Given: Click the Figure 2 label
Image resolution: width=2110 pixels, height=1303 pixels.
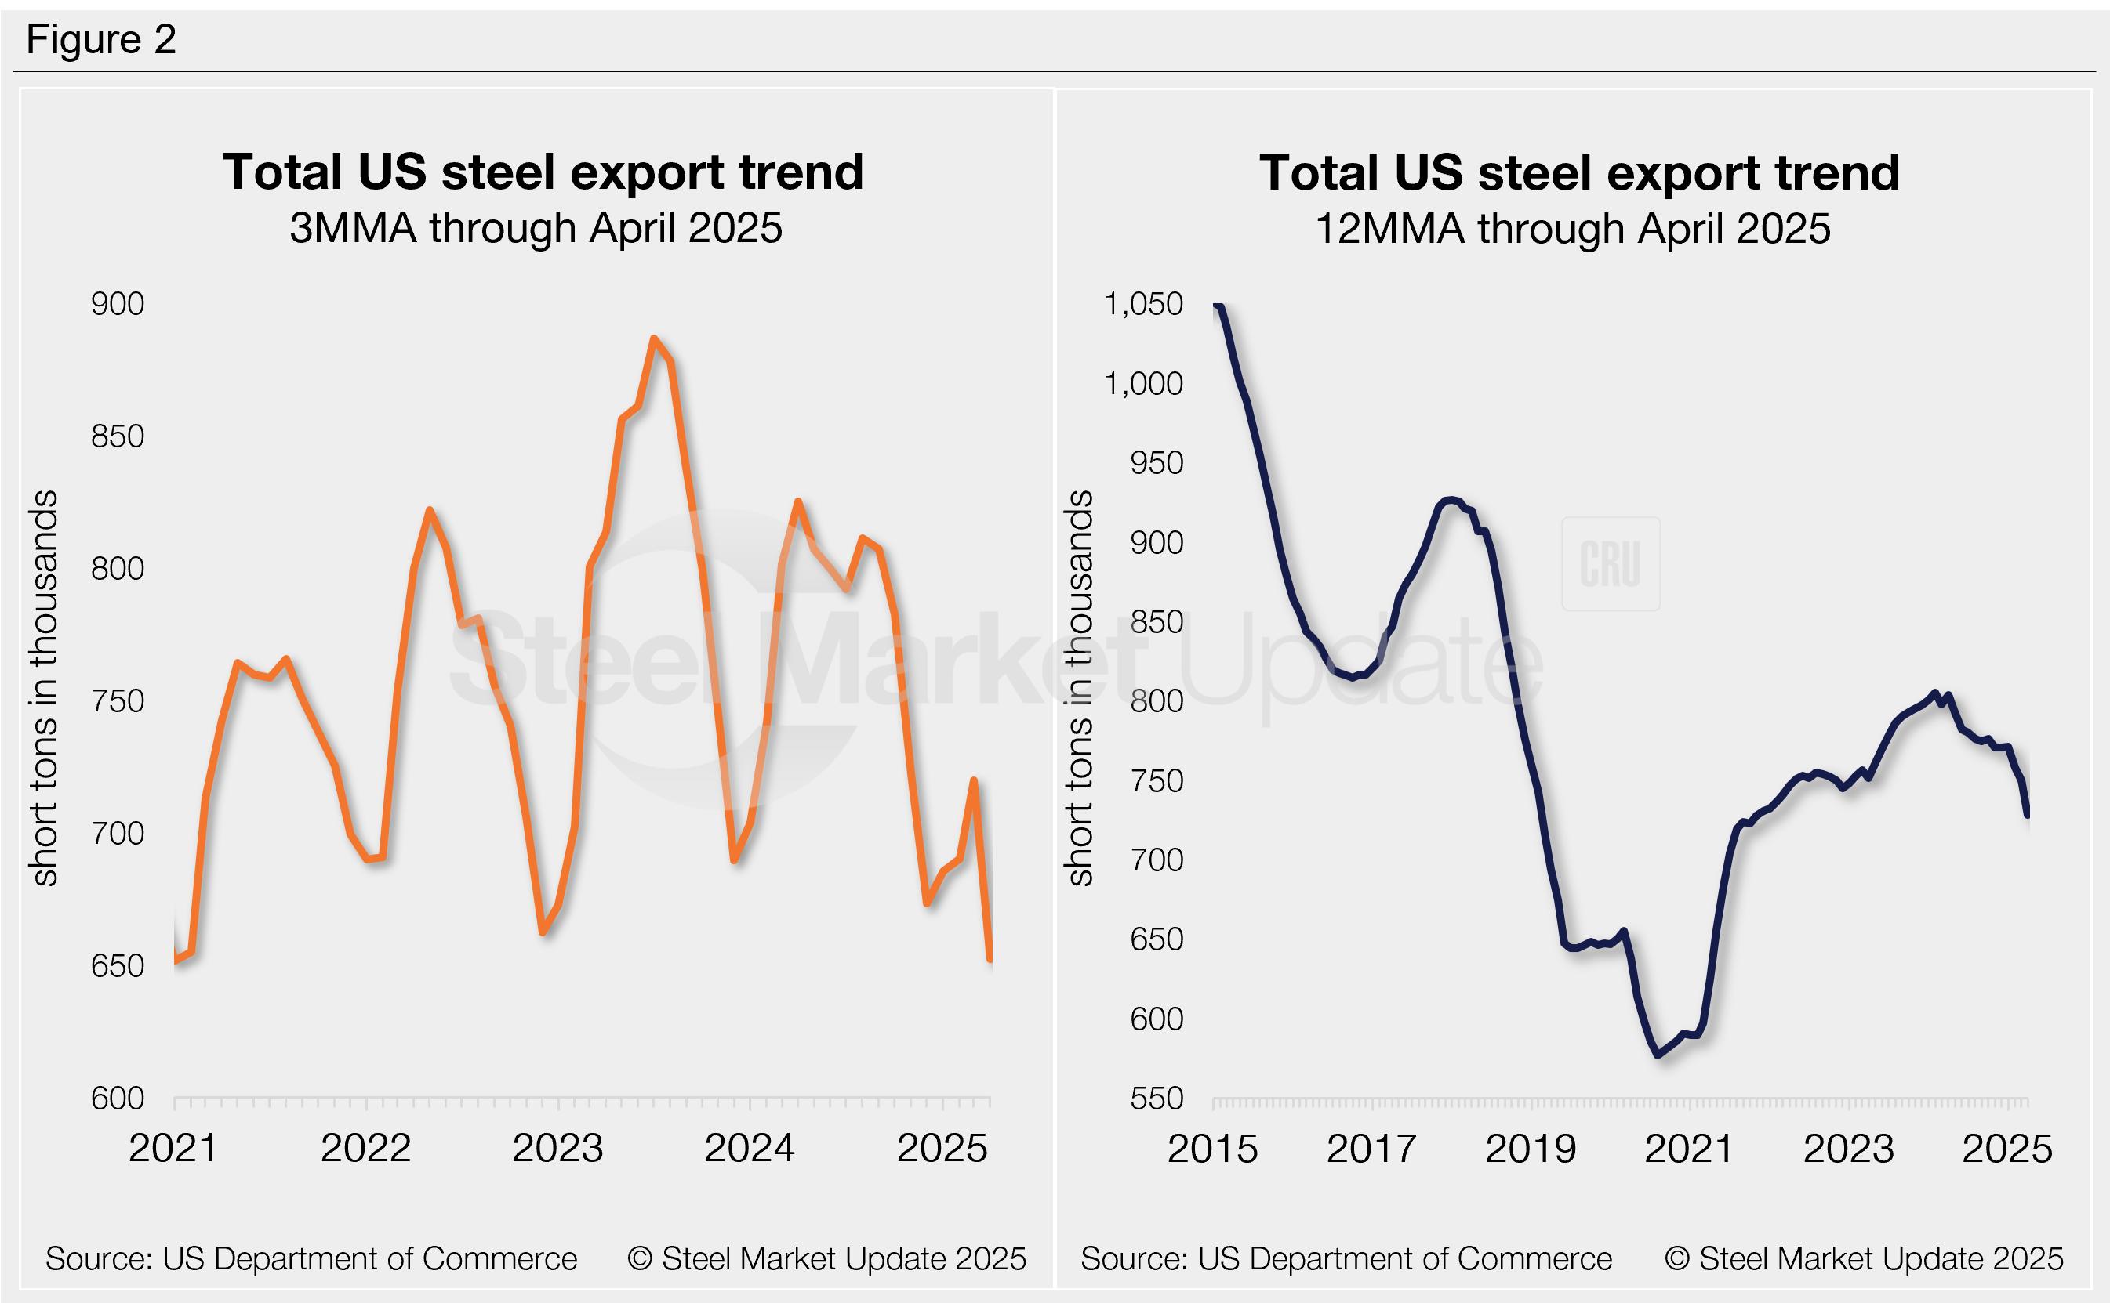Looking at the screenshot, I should pos(101,40).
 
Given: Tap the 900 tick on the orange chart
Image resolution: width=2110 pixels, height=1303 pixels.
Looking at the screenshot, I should pos(118,304).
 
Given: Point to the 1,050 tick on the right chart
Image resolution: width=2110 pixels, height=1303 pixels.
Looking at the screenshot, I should pos(1143,304).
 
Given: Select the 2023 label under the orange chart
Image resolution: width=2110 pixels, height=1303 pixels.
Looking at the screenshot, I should pos(558,1148).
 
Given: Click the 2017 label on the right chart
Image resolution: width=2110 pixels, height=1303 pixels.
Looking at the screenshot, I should pos(1371,1149).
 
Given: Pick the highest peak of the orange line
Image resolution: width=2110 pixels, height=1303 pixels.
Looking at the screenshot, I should pos(654,338).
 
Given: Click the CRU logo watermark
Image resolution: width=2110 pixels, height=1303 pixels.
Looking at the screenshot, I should pos(1610,564).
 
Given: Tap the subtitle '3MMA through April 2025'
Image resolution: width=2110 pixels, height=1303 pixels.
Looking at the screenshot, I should pos(536,228).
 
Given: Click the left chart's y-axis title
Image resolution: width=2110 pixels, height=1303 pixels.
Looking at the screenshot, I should pos(44,688).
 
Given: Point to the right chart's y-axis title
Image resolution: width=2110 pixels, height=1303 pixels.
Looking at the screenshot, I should pos(1080,688).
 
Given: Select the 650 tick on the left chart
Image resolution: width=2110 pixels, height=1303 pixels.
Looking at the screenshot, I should pos(118,966).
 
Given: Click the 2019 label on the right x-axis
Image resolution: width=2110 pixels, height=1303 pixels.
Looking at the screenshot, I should pos(1530,1149).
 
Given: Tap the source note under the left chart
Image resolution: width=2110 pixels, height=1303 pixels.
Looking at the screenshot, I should pos(311,1259).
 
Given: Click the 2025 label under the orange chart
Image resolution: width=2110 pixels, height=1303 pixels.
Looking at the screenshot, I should pos(942,1148).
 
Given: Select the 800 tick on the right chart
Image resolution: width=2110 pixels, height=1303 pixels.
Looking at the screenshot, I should pos(1157,701).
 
